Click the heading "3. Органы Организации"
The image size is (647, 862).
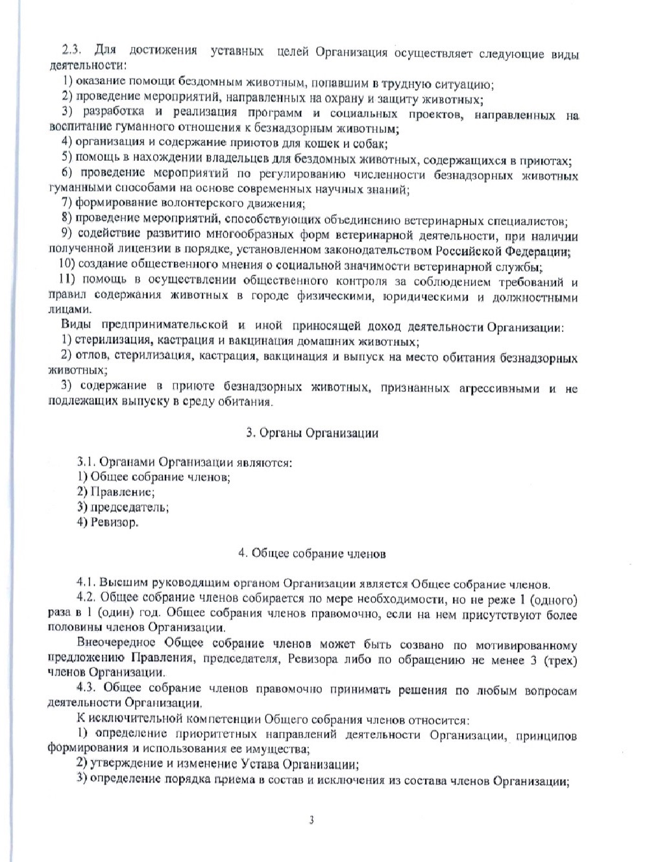click(312, 433)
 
